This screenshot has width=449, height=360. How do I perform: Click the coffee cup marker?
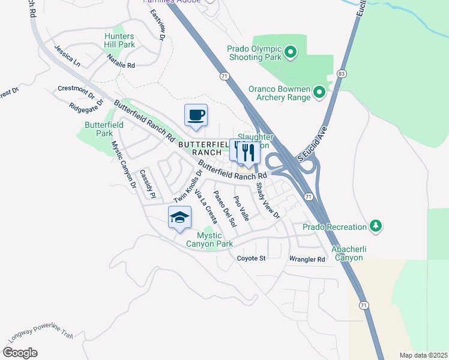point(196,115)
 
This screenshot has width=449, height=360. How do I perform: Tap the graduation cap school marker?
point(179,218)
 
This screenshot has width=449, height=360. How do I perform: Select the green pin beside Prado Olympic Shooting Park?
point(291,53)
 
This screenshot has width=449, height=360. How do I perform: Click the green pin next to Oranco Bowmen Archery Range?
point(319,92)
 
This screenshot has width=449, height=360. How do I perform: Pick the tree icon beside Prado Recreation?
point(376,227)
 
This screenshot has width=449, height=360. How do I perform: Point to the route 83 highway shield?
point(342,73)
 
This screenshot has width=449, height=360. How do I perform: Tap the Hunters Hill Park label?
point(119,41)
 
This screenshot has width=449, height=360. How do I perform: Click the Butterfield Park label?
point(105,129)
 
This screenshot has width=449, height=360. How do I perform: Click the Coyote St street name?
point(251,259)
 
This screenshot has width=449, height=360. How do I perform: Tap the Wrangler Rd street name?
point(307,260)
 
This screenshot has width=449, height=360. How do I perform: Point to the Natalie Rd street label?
point(121,61)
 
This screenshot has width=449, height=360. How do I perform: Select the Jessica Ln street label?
point(67,55)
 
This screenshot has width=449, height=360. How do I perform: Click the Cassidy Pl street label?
point(147,184)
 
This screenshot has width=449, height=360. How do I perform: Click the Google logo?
point(20,353)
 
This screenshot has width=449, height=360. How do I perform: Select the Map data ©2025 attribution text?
point(423,355)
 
